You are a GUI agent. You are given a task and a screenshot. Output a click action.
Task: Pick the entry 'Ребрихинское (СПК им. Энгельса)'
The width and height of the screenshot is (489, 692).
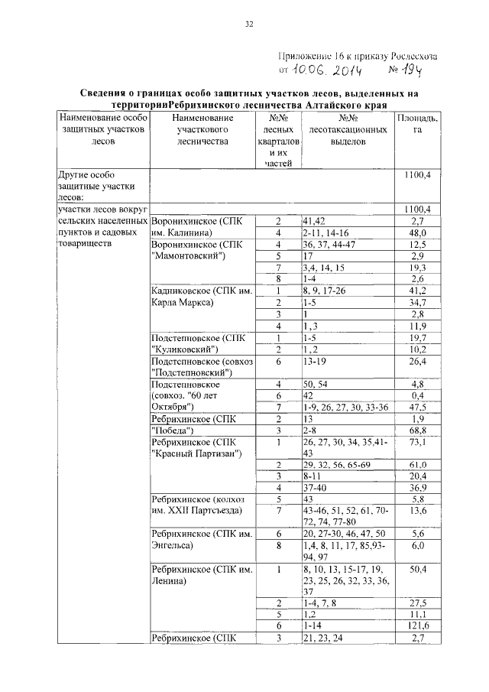(x=198, y=539)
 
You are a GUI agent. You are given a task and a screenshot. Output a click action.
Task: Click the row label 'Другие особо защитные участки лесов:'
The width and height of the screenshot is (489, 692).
(x=96, y=185)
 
